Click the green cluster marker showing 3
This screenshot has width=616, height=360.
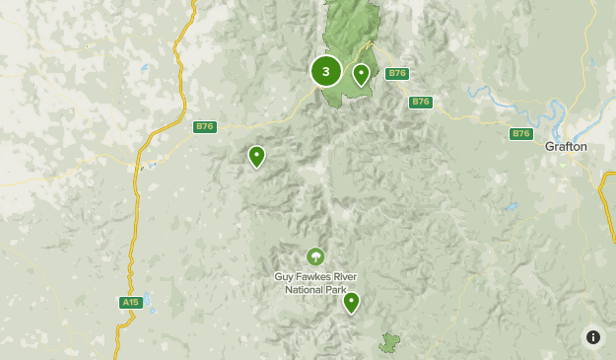(326, 71)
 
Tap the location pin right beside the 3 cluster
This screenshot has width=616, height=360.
(361, 74)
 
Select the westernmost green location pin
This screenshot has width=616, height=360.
(256, 156)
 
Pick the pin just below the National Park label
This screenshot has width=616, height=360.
(351, 302)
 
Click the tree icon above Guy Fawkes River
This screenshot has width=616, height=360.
(314, 256)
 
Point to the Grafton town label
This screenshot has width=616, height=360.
(566, 146)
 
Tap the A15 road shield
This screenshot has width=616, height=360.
(130, 302)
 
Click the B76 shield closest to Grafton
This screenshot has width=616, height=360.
(521, 133)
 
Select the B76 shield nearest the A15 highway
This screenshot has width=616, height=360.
(205, 126)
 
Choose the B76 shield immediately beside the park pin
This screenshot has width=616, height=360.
(397, 74)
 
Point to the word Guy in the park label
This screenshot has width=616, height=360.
(284, 277)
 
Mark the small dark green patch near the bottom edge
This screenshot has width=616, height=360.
(390, 342)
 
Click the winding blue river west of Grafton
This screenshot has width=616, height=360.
(493, 97)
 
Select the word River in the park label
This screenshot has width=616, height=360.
(343, 277)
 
